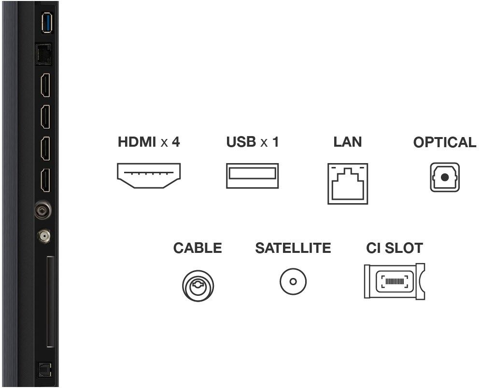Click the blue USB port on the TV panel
(47, 22)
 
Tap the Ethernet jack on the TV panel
(43, 54)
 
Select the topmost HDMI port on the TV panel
(45, 85)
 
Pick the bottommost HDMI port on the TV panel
(45, 180)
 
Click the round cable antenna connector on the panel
(42, 210)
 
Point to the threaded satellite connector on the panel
(44, 236)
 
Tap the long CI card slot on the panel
(50, 302)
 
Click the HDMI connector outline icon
(149, 176)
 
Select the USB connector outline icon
(252, 176)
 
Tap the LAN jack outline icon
(348, 183)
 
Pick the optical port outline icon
(444, 177)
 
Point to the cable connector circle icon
(198, 286)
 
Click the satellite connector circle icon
(293, 281)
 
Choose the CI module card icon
(395, 281)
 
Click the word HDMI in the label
(137, 142)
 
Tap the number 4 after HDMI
(176, 142)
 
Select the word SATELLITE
(293, 248)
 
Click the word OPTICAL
(444, 142)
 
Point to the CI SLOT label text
(395, 248)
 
